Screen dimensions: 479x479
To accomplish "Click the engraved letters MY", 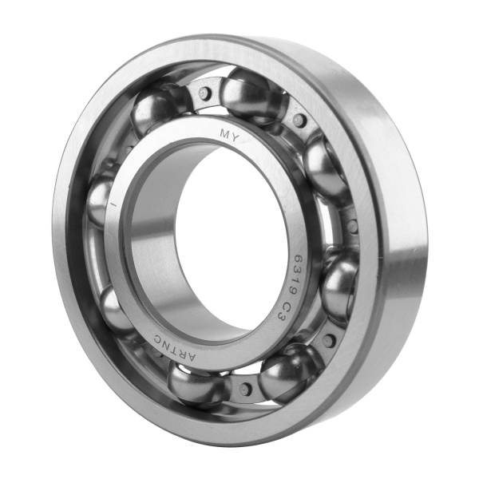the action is pos(228,135).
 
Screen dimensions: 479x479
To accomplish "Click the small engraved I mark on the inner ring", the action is pos(113,204).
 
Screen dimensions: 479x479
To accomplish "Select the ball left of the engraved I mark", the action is pos(99,200).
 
